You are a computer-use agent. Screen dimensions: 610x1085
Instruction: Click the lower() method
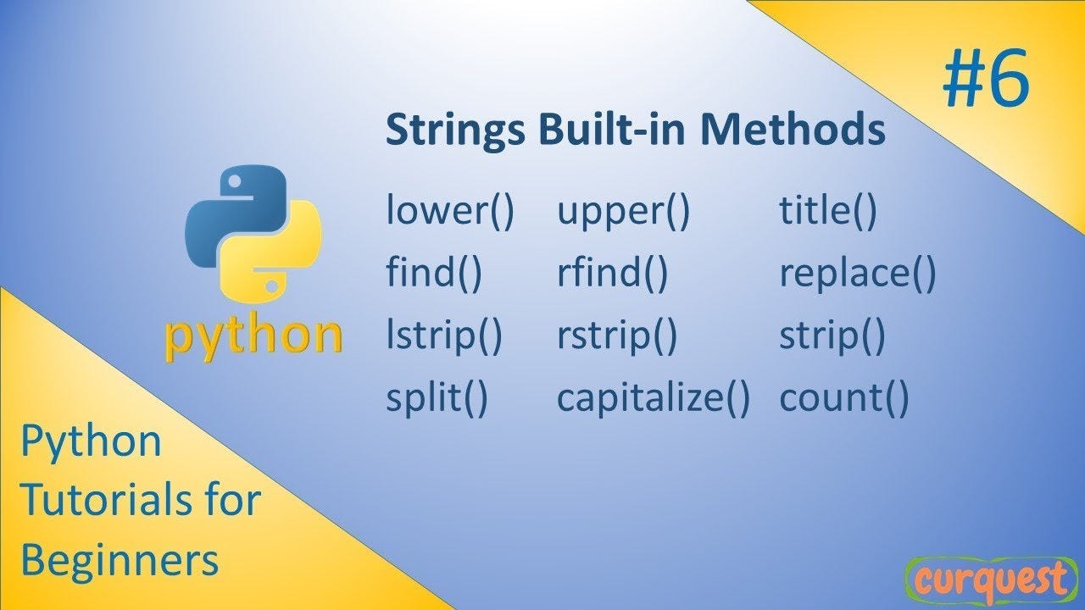[x=449, y=212]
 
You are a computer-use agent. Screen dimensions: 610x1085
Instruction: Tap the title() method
[x=827, y=212]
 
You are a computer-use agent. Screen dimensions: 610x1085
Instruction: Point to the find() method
[x=434, y=274]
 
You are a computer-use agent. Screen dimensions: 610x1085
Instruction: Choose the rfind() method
[x=612, y=274]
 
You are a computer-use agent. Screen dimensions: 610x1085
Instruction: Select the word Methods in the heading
[x=793, y=130]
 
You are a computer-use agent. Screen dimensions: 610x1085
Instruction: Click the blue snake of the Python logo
[x=229, y=203]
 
